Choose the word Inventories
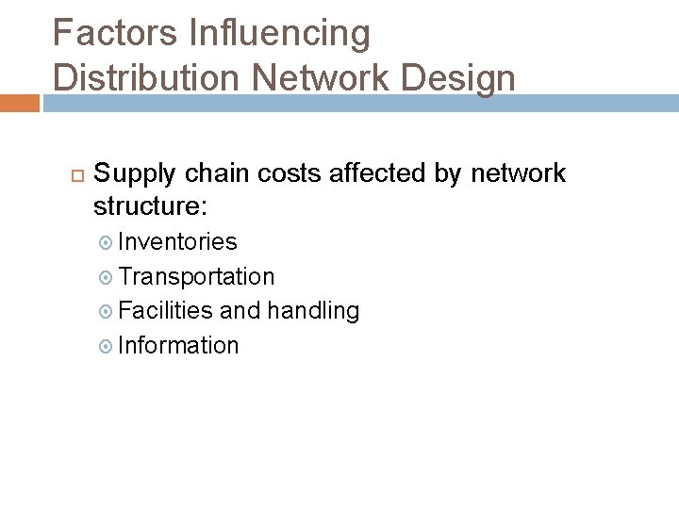177,242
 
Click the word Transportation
196,276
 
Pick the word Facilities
168,310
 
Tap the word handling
313,310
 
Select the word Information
179,345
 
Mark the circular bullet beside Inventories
106,243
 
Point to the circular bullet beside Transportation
106,277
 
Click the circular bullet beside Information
106,346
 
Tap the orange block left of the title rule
19,103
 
